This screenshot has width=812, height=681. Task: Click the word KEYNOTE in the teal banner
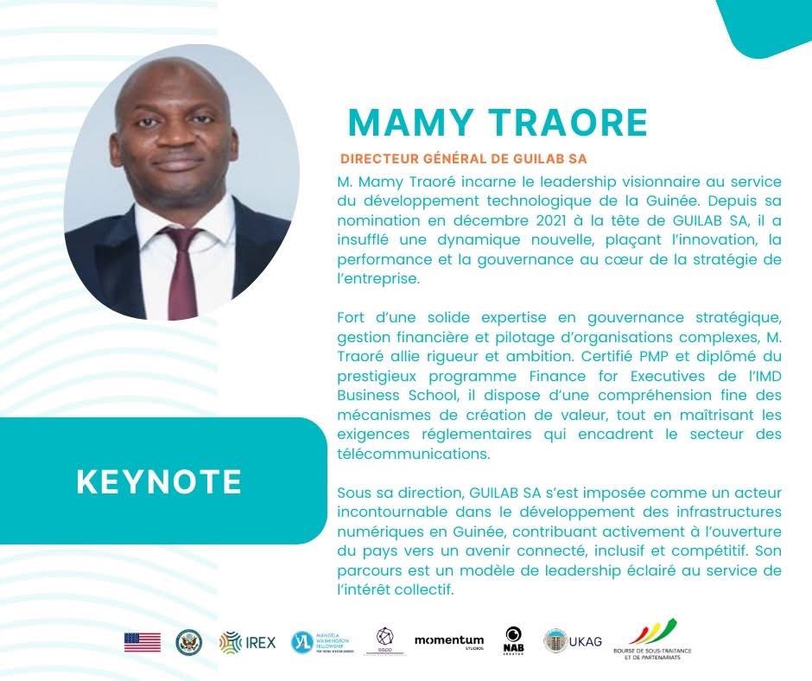click(x=159, y=481)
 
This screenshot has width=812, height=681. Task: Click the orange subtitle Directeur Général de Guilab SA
click(x=470, y=160)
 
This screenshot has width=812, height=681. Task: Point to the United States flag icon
click(x=143, y=642)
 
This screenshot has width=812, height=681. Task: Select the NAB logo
click(x=513, y=640)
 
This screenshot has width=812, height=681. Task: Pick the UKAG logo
click(x=573, y=640)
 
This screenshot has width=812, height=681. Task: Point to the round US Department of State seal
click(x=188, y=642)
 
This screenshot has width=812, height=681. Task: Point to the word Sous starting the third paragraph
click(x=352, y=492)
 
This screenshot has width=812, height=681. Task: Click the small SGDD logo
click(x=385, y=640)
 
